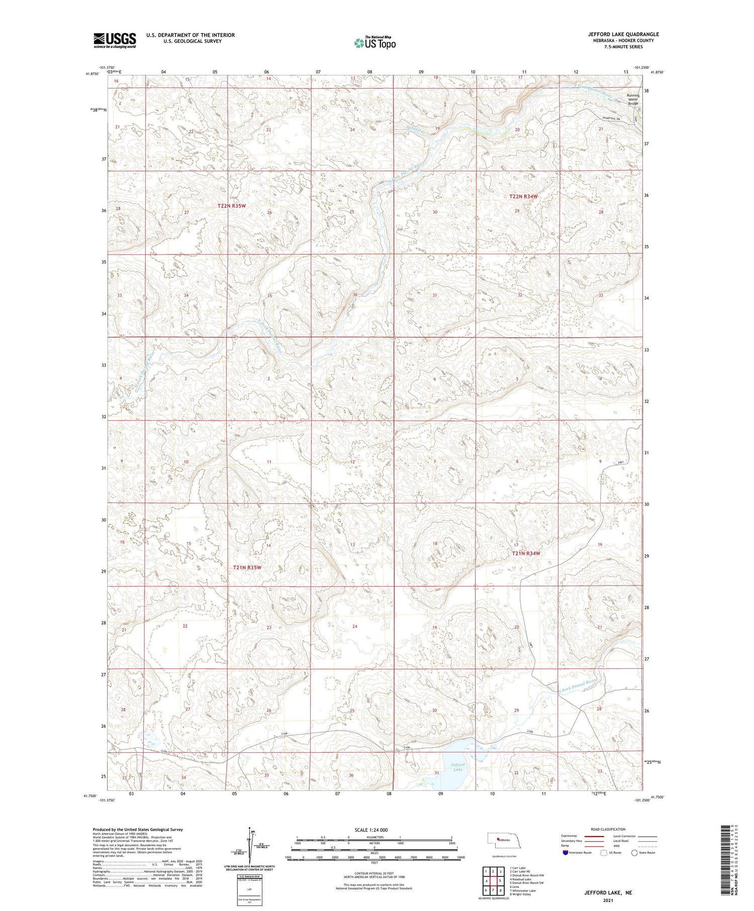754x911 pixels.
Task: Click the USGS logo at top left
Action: [x=115, y=40]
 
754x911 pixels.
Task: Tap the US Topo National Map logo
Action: [x=374, y=43]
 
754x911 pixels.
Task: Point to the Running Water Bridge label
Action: [x=633, y=99]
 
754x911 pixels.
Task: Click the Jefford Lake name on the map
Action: [x=457, y=767]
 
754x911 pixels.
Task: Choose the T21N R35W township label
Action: [x=247, y=567]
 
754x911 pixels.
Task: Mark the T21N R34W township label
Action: [x=526, y=553]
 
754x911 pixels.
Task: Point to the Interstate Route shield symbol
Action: [x=565, y=852]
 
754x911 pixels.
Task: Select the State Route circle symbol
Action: [x=635, y=852]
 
